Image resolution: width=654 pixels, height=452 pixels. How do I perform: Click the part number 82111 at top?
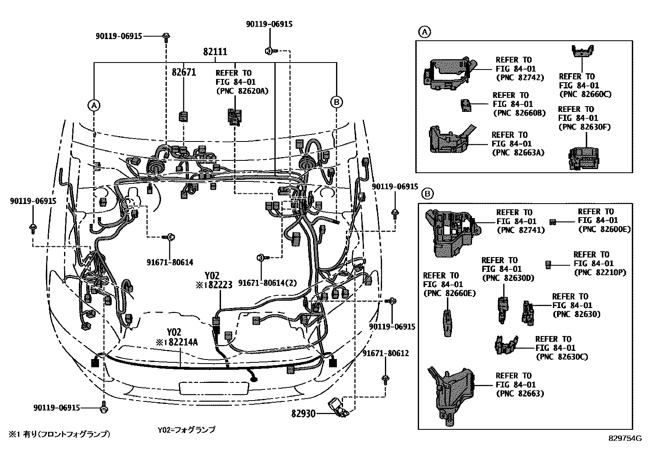tap(215, 52)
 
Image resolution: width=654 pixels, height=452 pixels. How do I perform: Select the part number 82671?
tap(184, 72)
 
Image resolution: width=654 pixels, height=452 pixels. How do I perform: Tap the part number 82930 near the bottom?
tap(304, 413)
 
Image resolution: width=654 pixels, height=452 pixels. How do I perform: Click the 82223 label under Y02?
tap(220, 285)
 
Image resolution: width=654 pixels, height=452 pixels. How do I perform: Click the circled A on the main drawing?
tap(94, 106)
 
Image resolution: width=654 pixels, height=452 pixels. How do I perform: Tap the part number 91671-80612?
tap(385, 353)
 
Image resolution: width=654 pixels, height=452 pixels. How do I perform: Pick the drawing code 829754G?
tap(625, 438)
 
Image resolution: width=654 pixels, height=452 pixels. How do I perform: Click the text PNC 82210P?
tap(600, 272)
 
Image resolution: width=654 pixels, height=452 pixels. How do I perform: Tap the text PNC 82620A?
tap(242, 91)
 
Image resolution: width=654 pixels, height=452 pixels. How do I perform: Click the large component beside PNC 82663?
tap(451, 393)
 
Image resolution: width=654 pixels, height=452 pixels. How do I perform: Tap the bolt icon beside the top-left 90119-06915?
tap(166, 36)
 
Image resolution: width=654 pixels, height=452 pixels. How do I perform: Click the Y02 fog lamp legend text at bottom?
tap(186, 430)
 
